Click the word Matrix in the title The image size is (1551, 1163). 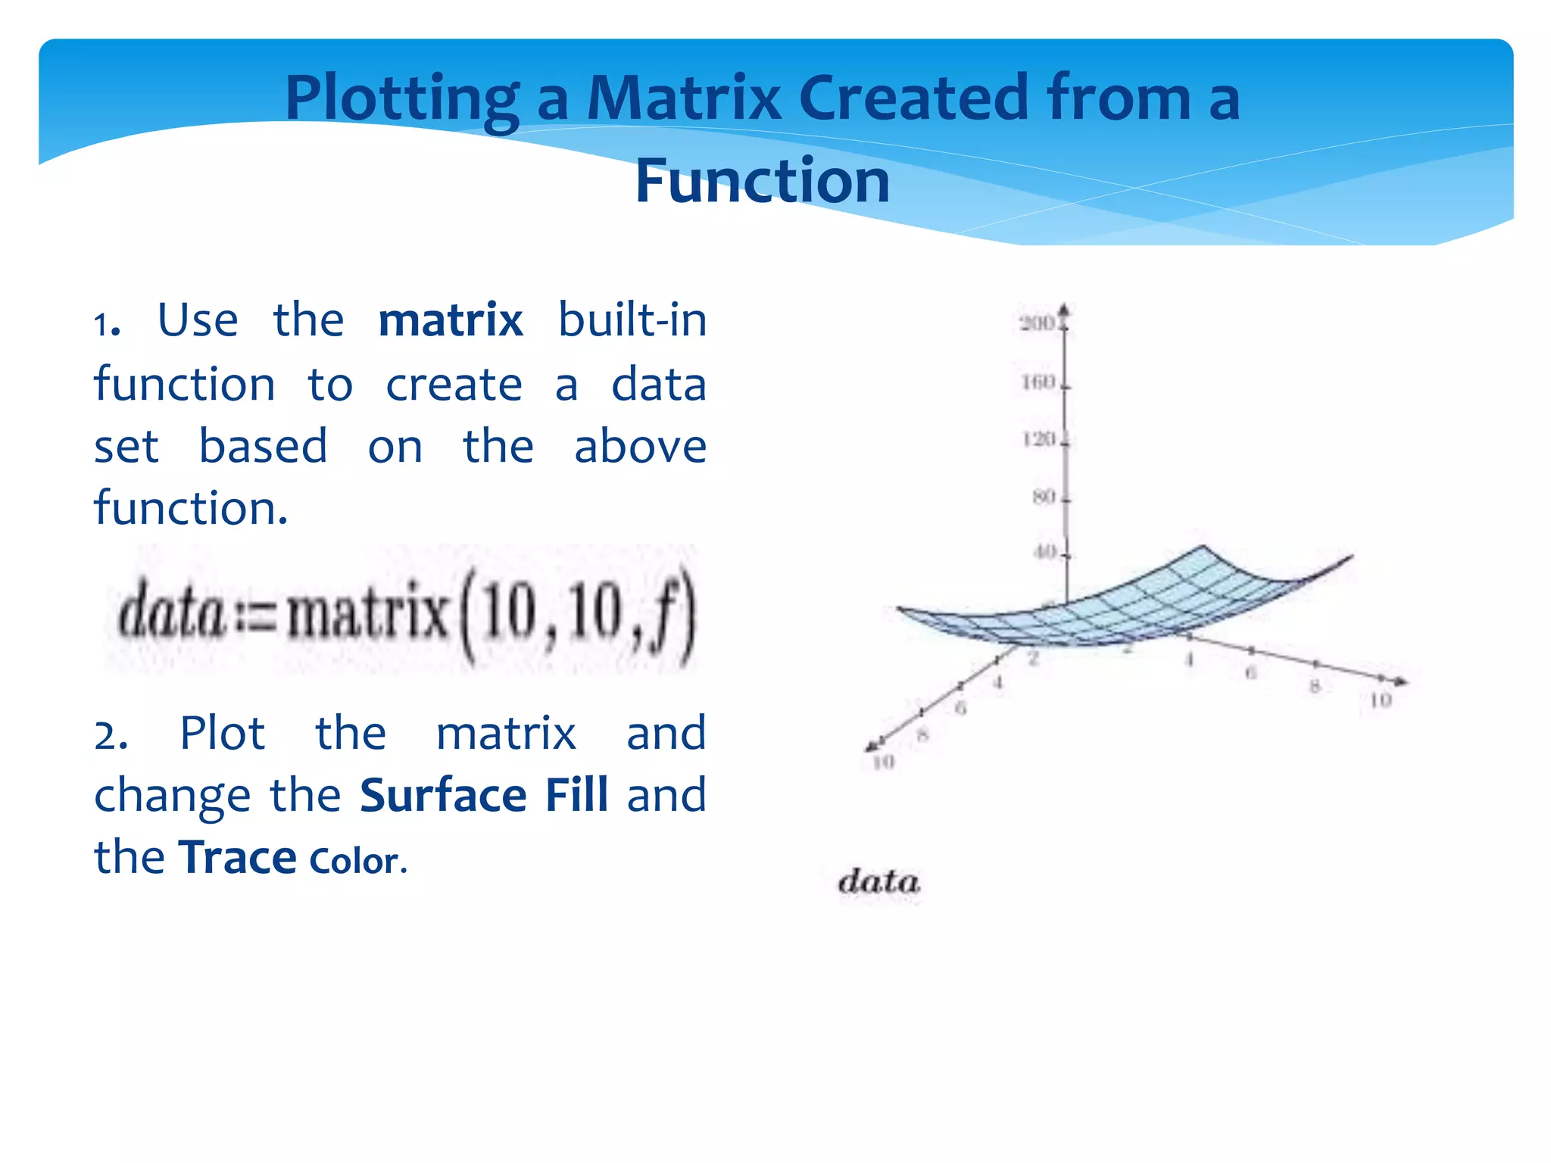point(684,98)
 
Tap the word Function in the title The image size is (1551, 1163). point(762,182)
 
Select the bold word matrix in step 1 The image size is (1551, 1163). point(450,320)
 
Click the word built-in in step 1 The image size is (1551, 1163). point(632,320)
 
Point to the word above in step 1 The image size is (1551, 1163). point(640,447)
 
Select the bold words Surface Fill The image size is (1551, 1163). point(484,796)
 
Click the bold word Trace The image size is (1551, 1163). point(237,858)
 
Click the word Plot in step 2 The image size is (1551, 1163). point(222,734)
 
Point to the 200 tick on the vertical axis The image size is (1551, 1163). point(1037,324)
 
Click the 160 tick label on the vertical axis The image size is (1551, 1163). point(1038,382)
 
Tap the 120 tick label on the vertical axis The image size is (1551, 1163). point(1038,440)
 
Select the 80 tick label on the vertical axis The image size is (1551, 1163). point(1043,497)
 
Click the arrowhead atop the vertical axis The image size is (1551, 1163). point(1064,310)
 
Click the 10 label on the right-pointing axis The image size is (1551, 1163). point(1380,700)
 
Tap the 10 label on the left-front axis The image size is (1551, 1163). point(883,762)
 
